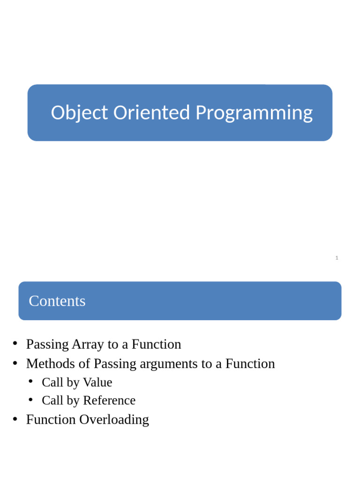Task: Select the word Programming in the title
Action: coord(254,113)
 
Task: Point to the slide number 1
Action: coord(337,258)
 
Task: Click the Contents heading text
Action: coord(57,301)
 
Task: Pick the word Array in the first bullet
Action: coord(88,345)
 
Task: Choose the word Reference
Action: coord(109,401)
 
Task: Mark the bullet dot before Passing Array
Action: coord(15,344)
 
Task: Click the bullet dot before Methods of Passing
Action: coord(15,363)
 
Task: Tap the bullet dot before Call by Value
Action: coord(31,382)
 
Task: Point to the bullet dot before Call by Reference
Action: coord(31,400)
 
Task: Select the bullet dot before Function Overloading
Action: coord(15,419)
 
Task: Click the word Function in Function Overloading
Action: coord(51,420)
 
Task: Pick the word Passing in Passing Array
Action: coord(47,345)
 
